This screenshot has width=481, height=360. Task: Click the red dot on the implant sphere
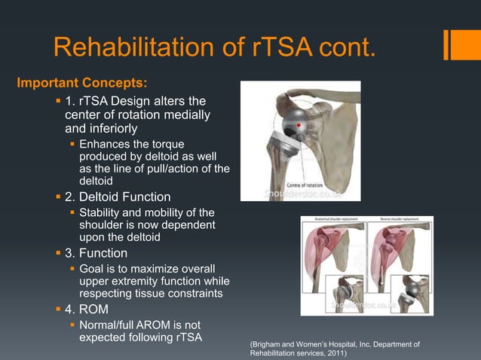pyautogui.click(x=299, y=124)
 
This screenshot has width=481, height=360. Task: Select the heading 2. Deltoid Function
pyautogui.click(x=123, y=197)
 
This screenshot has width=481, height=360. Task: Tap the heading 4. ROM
pyautogui.click(x=90, y=309)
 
